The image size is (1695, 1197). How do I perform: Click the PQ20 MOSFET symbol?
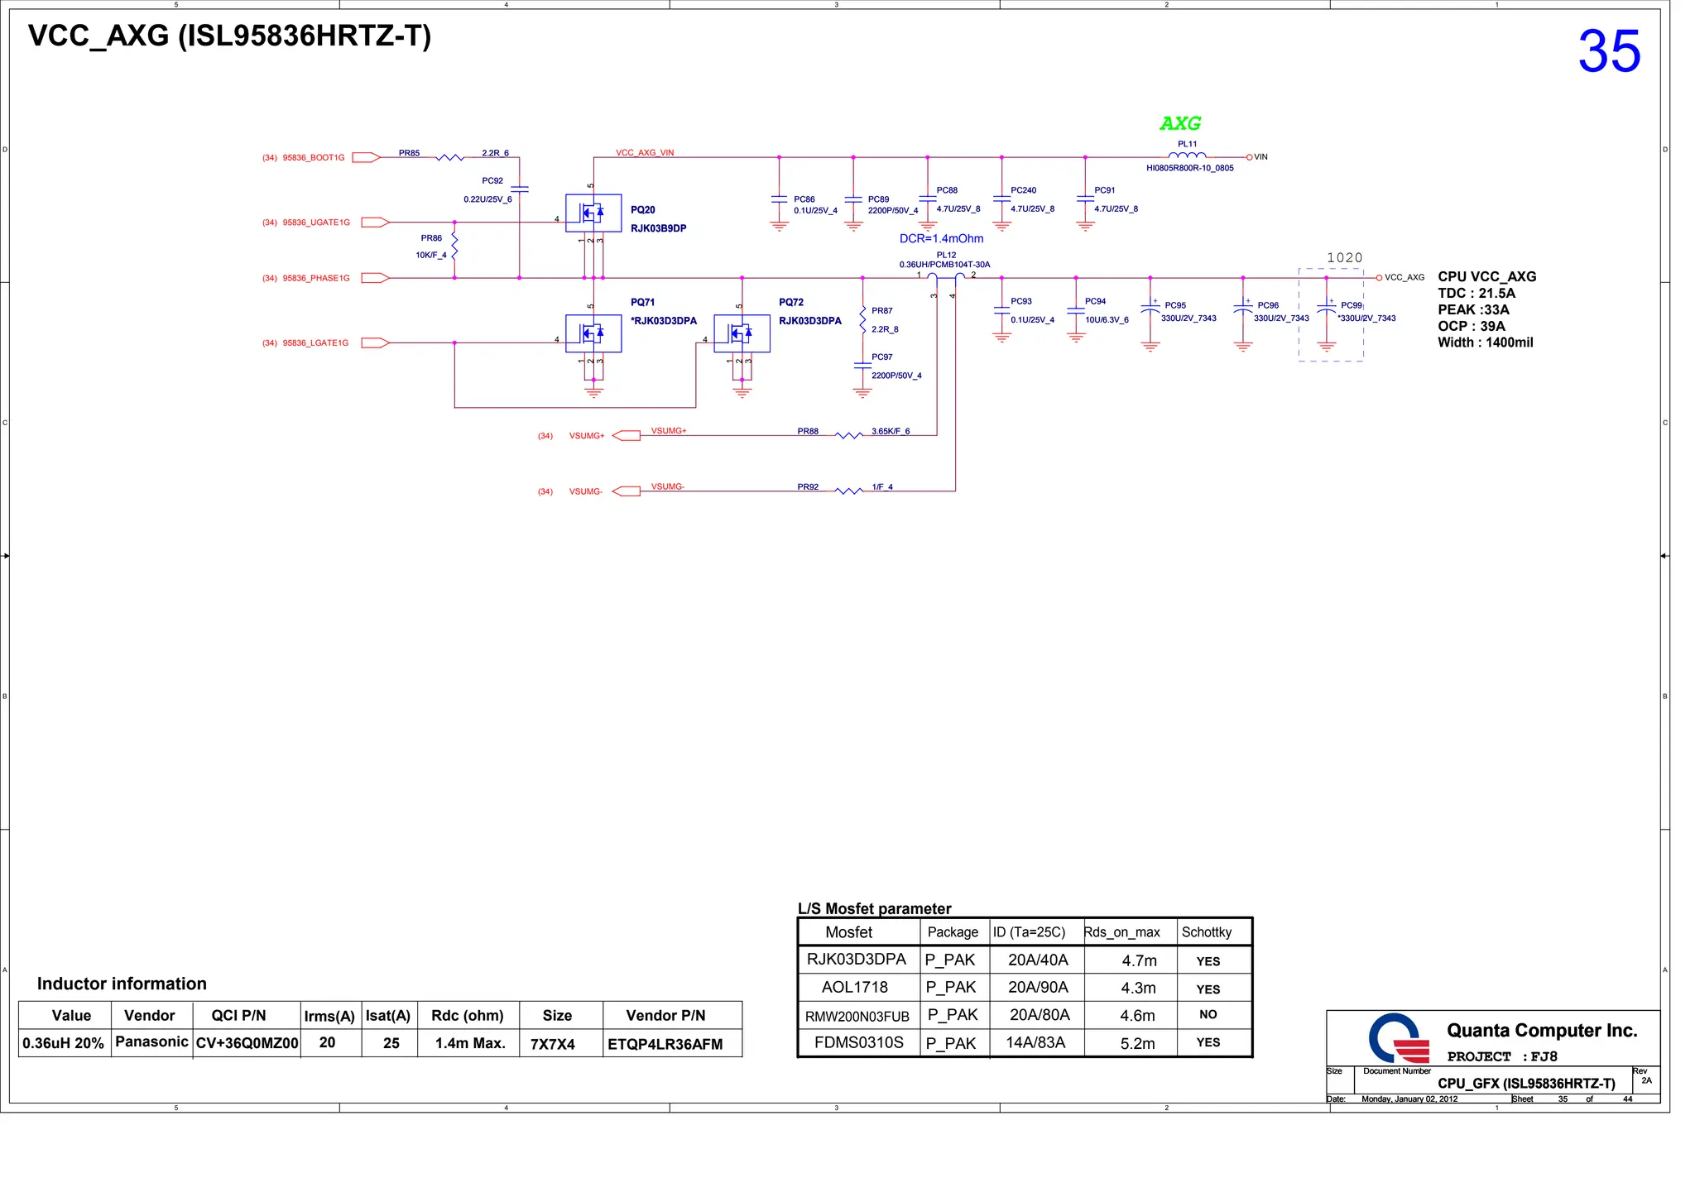593,213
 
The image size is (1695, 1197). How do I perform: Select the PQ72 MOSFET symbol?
742,333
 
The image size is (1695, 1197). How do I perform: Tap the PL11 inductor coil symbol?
1187,155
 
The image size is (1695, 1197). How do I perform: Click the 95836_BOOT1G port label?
313,157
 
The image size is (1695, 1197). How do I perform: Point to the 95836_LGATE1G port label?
315,342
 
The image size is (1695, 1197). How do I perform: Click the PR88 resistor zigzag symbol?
848,435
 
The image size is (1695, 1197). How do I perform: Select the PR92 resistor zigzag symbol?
848,491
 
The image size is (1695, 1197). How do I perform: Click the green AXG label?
1180,123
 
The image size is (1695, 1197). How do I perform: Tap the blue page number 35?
1609,51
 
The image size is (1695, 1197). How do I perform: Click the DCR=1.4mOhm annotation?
941,238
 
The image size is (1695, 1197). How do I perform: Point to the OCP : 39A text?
1471,326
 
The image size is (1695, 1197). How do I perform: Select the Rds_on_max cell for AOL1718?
1139,988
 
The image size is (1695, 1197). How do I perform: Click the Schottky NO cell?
1208,1014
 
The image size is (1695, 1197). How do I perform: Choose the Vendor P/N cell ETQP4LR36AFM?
665,1044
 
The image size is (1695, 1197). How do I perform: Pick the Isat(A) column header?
387,1016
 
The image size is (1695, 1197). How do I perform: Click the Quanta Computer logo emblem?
1399,1038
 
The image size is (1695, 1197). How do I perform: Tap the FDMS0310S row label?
858,1042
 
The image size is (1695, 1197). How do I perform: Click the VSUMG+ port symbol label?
587,436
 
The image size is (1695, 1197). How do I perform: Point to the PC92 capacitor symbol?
519,189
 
